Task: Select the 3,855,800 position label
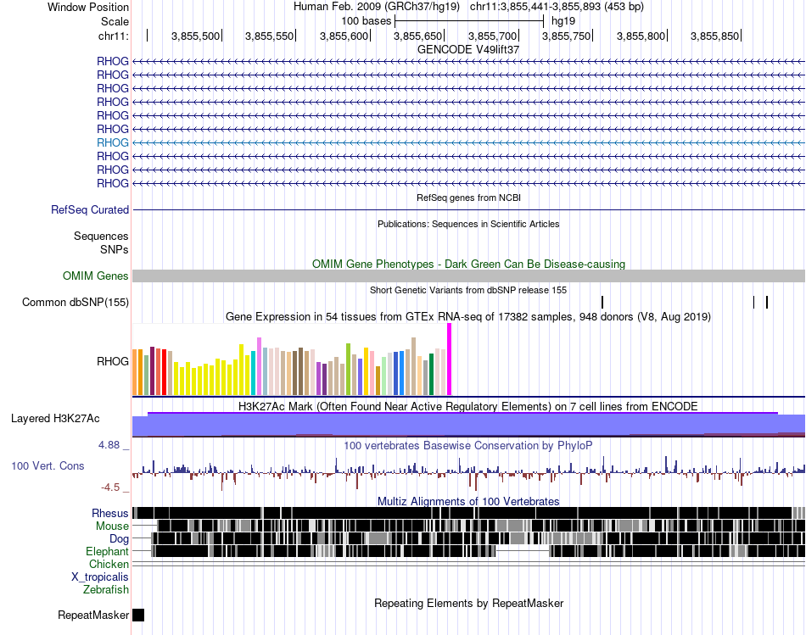click(641, 36)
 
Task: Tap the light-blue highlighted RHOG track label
click(113, 142)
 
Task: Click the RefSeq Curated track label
click(90, 209)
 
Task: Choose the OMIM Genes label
click(96, 276)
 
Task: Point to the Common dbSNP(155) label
click(76, 302)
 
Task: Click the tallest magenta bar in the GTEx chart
click(449, 359)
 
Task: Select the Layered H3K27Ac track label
click(55, 419)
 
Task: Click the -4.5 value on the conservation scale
click(111, 487)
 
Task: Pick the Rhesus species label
click(110, 513)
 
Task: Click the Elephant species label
click(108, 551)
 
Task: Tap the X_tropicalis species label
click(100, 577)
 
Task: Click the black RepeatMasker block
click(138, 615)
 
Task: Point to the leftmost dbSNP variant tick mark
click(602, 302)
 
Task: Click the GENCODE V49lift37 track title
click(468, 49)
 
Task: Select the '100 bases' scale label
click(366, 20)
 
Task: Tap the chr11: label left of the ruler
click(113, 36)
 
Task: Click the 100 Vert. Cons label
click(48, 465)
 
